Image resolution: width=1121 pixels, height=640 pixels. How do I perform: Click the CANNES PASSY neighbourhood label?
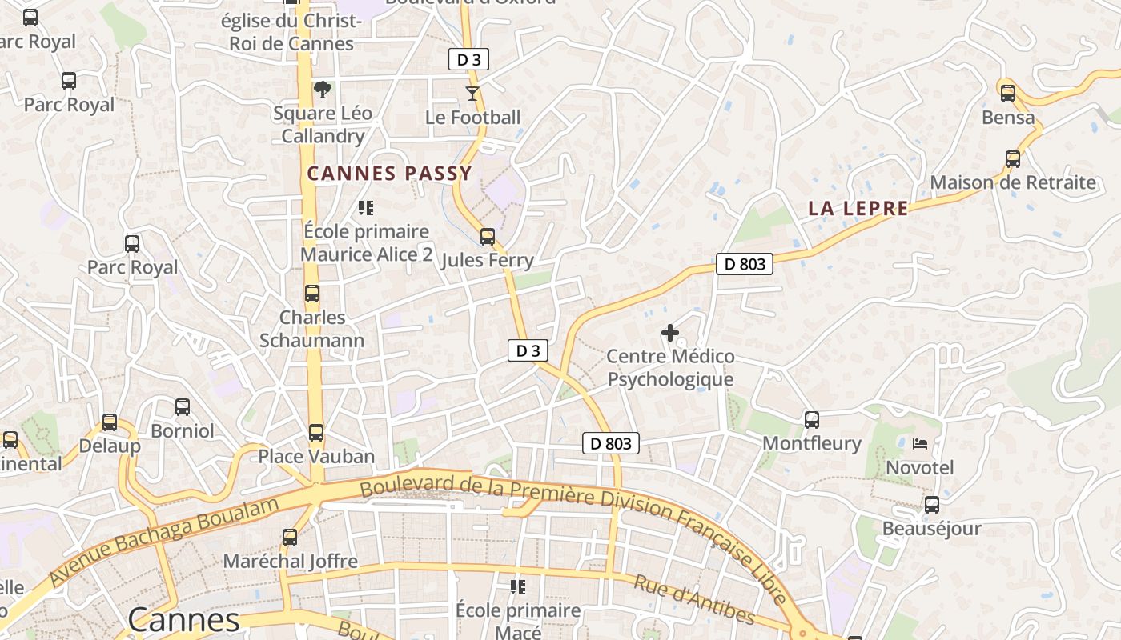pyautogui.click(x=389, y=173)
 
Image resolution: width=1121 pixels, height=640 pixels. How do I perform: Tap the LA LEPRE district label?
pyautogui.click(x=858, y=209)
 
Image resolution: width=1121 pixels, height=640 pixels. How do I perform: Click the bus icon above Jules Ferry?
pyautogui.click(x=487, y=237)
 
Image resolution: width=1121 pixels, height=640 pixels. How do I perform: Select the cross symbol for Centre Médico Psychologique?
pyautogui.click(x=670, y=333)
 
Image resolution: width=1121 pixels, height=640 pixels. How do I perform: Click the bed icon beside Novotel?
pyautogui.click(x=920, y=443)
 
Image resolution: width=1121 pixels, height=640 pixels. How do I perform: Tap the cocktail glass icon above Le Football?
pyautogui.click(x=472, y=94)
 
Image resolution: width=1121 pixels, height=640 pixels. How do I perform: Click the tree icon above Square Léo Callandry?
pyautogui.click(x=323, y=89)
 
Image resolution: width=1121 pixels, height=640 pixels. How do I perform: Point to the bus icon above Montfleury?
pyautogui.click(x=812, y=419)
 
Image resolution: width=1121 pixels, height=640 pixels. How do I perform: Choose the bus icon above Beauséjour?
pyautogui.click(x=932, y=505)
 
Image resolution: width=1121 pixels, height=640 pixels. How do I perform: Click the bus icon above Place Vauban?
pyautogui.click(x=316, y=433)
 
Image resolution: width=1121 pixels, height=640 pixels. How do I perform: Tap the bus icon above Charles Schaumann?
pyautogui.click(x=312, y=294)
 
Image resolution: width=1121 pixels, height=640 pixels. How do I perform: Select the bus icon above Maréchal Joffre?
pyautogui.click(x=290, y=538)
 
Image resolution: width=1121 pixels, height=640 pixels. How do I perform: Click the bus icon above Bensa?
pyautogui.click(x=1008, y=94)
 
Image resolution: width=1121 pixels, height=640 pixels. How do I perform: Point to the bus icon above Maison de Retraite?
pyautogui.click(x=1013, y=159)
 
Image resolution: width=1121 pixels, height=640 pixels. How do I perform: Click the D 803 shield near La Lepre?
pyautogui.click(x=744, y=264)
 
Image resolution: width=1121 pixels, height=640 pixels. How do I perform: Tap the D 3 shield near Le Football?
pyautogui.click(x=468, y=59)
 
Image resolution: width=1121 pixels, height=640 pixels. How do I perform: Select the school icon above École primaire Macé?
pyautogui.click(x=518, y=587)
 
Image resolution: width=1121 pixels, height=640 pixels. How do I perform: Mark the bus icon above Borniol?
pyautogui.click(x=183, y=407)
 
